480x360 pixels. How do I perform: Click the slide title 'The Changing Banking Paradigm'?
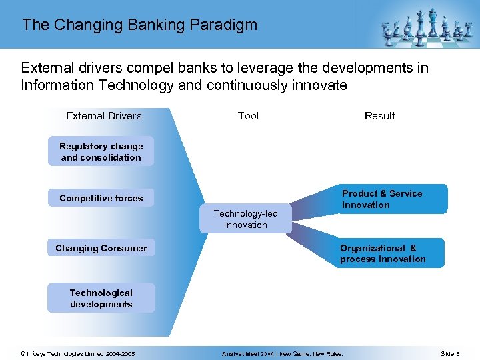pos(139,25)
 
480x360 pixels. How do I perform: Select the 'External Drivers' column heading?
pos(104,116)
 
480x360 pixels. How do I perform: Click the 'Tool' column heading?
pos(248,116)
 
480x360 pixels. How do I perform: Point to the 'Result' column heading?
pos(379,116)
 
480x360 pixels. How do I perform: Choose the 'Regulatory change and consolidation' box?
pos(101,152)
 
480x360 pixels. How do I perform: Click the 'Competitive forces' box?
pos(101,198)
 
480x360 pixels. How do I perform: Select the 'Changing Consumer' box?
pos(101,248)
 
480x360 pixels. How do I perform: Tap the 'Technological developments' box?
pos(101,299)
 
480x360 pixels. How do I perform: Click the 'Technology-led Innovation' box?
pos(245,219)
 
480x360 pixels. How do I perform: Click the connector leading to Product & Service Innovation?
pos(313,203)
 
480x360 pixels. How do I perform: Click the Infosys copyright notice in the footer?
pos(77,354)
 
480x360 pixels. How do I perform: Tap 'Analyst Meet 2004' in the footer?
pos(248,354)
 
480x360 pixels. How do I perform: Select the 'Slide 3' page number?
pos(449,354)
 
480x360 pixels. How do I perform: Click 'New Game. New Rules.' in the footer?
pos(311,354)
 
